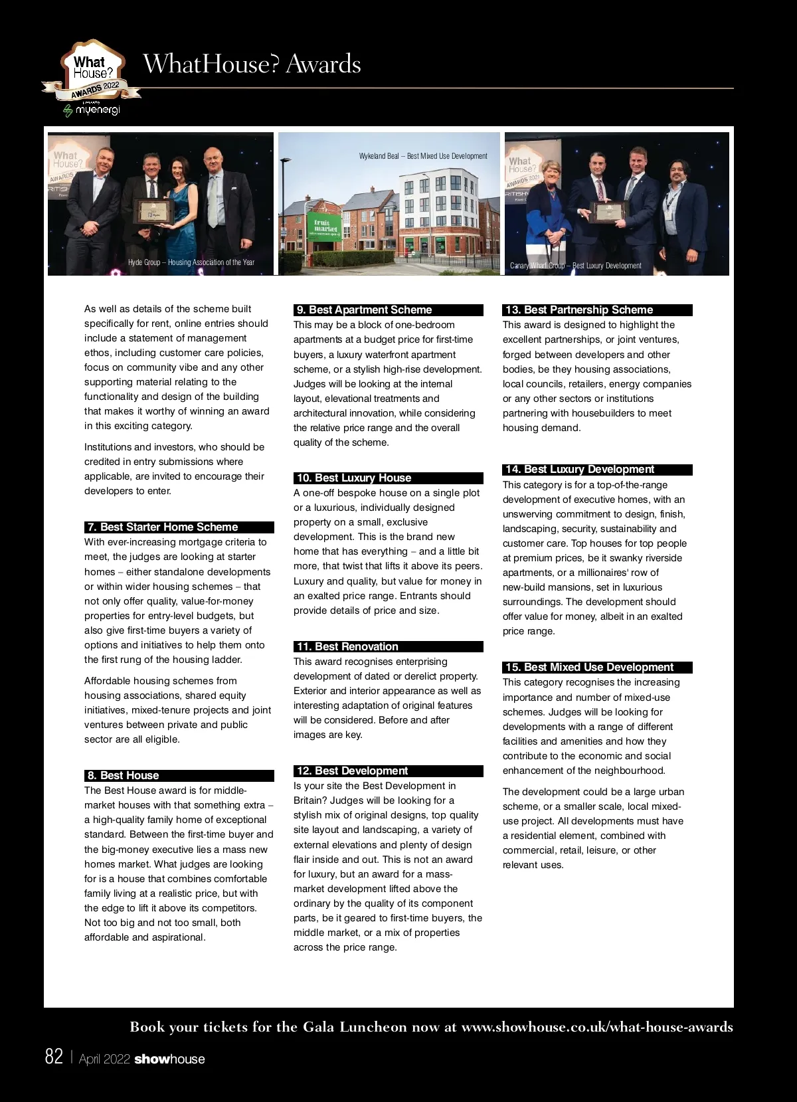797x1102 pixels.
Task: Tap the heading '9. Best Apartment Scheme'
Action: coord(364,310)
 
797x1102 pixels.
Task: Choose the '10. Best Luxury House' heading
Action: coord(354,478)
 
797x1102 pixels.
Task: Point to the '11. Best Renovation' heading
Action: coord(347,647)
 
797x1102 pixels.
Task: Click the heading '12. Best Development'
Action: coord(352,771)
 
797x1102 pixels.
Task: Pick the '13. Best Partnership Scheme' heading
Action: coord(578,310)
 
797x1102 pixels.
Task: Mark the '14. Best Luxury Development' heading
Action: coord(579,470)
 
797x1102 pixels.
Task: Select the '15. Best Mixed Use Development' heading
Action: coord(589,668)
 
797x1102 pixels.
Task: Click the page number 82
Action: coord(54,1057)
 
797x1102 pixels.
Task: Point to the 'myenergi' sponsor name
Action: coord(97,110)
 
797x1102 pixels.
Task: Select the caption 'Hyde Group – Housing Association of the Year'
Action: coord(191,262)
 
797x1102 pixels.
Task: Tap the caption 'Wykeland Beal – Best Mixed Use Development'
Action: coord(423,156)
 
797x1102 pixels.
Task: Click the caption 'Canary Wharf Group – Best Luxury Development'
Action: coord(575,266)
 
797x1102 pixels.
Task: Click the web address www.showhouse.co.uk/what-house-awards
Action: coord(597,1027)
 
